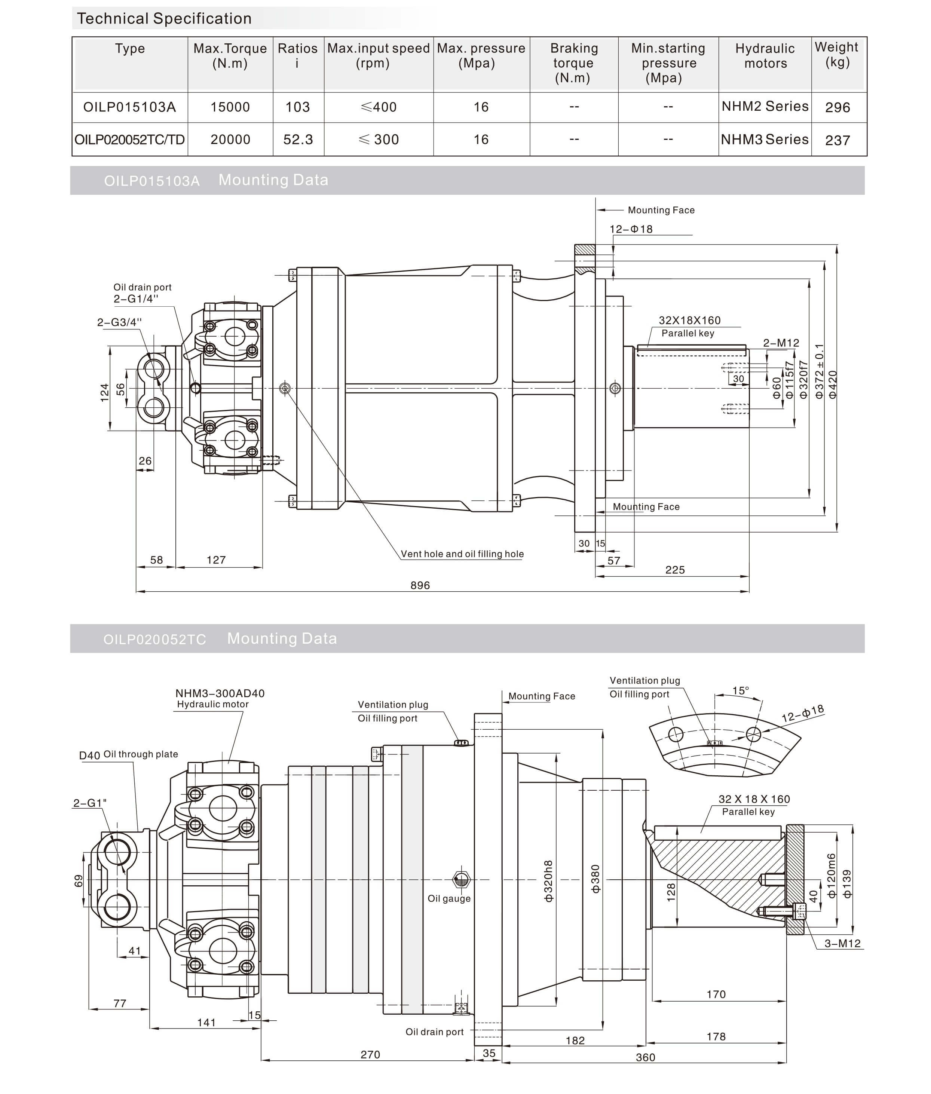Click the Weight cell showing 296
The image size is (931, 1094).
click(x=837, y=108)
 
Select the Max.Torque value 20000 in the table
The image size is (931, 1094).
click(x=230, y=140)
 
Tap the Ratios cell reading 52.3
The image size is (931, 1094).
click(x=298, y=140)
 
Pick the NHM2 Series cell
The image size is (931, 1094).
click(x=765, y=107)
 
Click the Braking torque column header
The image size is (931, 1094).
click(x=574, y=63)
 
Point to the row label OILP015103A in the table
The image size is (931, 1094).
click(x=129, y=107)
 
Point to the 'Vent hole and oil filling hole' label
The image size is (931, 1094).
click(x=462, y=554)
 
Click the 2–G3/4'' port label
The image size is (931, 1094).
click(x=119, y=322)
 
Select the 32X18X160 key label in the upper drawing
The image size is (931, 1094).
click(x=689, y=320)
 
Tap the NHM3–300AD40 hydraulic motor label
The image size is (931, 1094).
click(x=220, y=693)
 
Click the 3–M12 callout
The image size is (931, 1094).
click(x=842, y=944)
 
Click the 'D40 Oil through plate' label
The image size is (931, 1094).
click(x=128, y=755)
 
